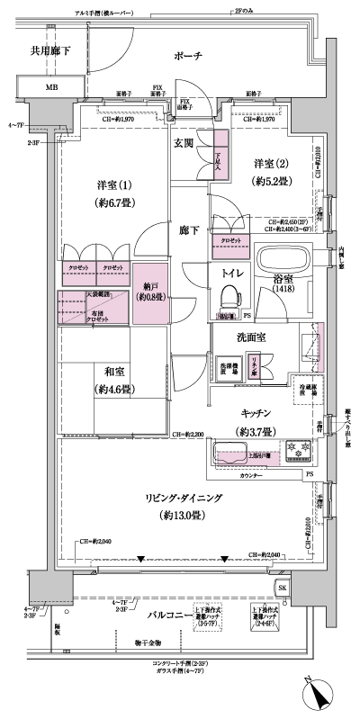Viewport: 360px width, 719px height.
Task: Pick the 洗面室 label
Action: point(238,340)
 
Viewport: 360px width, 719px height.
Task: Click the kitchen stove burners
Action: point(298,448)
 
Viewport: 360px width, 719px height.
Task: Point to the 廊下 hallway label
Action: point(185,229)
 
